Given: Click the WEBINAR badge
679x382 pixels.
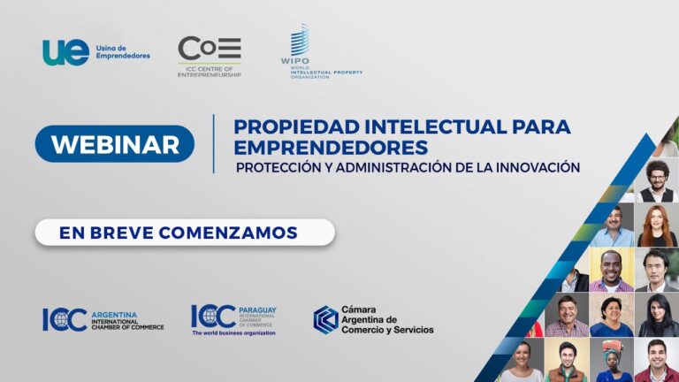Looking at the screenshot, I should point(115,144).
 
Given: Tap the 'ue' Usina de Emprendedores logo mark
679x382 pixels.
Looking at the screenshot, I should point(65,52).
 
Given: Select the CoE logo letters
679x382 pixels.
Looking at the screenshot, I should point(209,49).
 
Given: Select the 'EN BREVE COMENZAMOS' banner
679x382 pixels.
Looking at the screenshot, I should point(185,232).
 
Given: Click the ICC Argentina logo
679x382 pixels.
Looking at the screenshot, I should point(103,319).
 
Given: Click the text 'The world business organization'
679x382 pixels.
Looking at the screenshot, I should point(233,333).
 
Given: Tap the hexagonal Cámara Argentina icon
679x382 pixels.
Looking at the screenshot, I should point(325,319).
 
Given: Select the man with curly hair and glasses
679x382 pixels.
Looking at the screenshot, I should point(656,180).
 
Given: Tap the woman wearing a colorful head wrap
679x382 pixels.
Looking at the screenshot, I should point(613,361).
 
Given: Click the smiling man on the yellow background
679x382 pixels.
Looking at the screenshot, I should point(612,271).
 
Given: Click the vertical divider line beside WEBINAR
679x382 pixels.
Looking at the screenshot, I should point(213,143).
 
